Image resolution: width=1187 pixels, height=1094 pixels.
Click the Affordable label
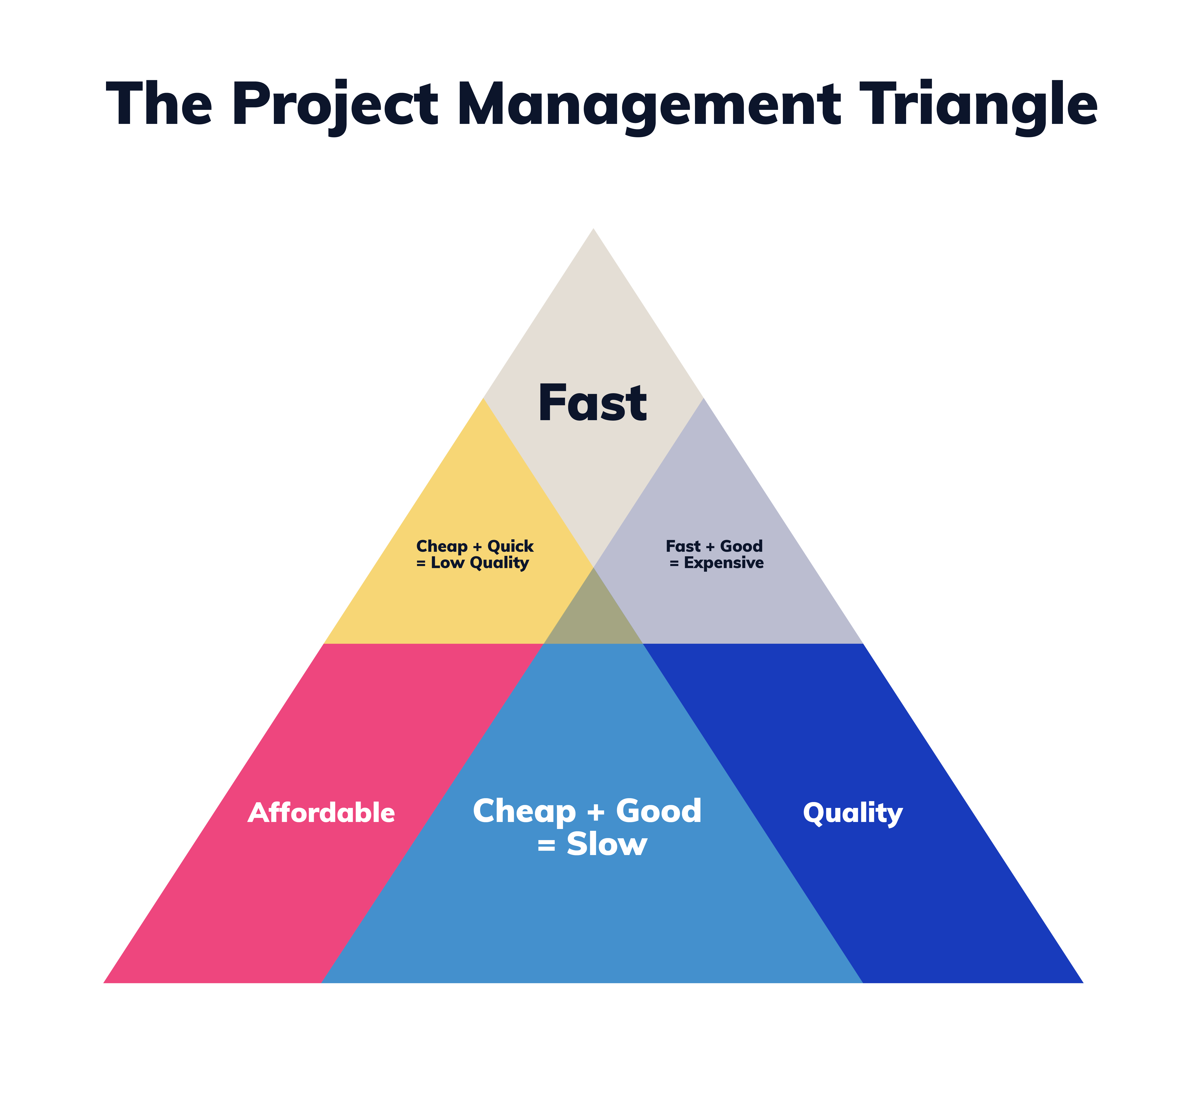tap(321, 813)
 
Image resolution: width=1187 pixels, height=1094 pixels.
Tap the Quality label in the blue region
tap(852, 813)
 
